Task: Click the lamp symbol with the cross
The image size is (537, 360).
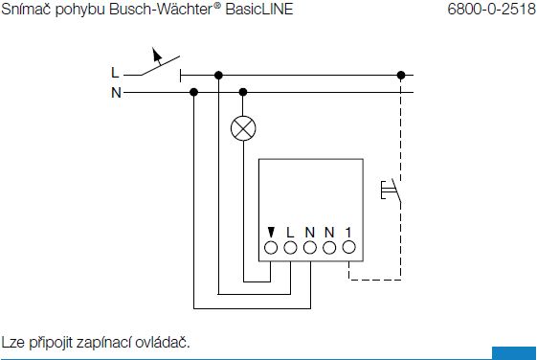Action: pos(243,128)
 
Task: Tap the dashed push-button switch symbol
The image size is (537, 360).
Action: pos(392,191)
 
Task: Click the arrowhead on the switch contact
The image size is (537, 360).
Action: pos(157,55)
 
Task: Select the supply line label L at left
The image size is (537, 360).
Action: pos(115,73)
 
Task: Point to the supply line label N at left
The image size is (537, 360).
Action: pos(116,93)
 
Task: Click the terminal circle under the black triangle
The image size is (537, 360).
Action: pos(271,248)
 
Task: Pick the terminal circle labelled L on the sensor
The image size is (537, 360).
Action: pos(290,248)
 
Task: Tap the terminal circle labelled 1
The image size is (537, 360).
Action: pos(348,247)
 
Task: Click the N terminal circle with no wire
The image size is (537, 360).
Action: pos(329,248)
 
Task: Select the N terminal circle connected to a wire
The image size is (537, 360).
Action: pos(309,248)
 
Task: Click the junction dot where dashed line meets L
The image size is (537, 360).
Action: pos(401,75)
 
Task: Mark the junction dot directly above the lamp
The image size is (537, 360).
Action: pos(243,92)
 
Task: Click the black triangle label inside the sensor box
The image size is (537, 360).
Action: pos(271,233)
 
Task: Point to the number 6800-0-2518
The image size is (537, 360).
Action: pos(492,10)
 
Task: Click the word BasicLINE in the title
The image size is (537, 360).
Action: pos(259,10)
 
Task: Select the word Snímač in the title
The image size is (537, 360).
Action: pos(27,10)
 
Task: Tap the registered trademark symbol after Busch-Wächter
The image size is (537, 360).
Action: pos(217,6)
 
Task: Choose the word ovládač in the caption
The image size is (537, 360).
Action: pos(163,342)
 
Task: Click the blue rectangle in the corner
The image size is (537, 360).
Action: pos(514,353)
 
